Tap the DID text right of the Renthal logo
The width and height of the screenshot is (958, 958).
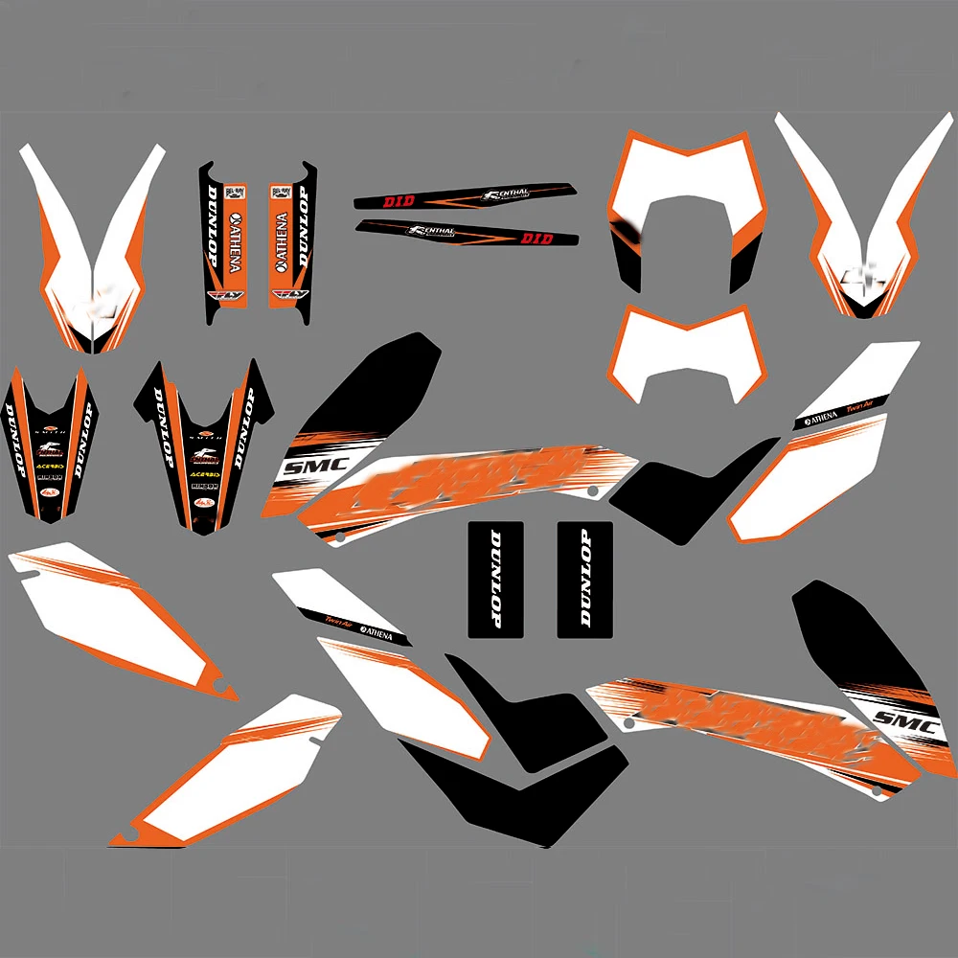pyautogui.click(x=536, y=238)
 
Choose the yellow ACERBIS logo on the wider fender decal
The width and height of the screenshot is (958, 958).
pyautogui.click(x=204, y=473)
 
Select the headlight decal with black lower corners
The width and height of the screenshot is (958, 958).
pyautogui.click(x=682, y=206)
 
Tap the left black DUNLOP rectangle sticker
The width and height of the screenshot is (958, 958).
pyautogui.click(x=495, y=579)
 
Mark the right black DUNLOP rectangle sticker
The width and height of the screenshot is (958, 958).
pyautogui.click(x=584, y=579)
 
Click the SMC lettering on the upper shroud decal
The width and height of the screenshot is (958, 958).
pyautogui.click(x=305, y=469)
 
